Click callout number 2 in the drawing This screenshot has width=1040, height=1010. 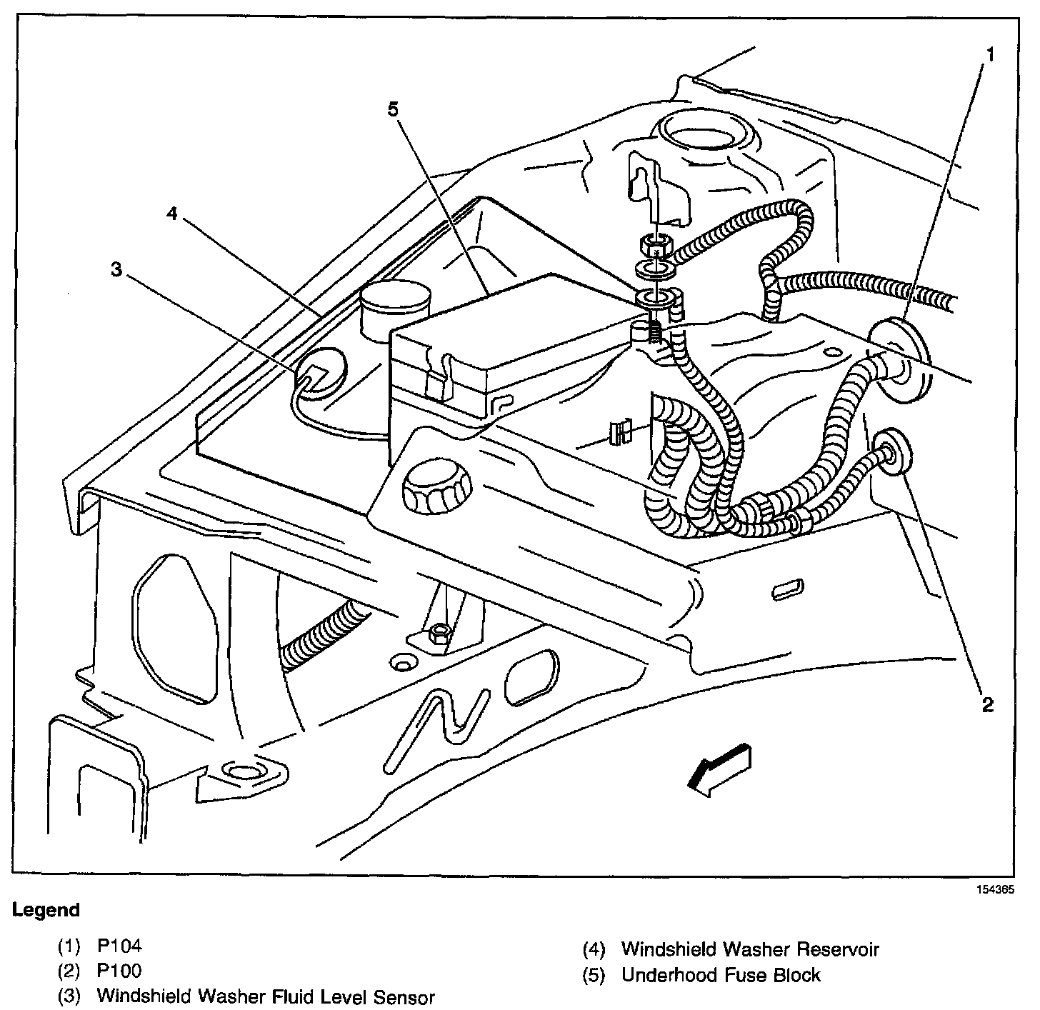pyautogui.click(x=987, y=704)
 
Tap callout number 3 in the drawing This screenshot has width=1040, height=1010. pyautogui.click(x=116, y=269)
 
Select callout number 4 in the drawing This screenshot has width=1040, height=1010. pyautogui.click(x=172, y=214)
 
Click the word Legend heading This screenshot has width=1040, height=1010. pyautogui.click(x=46, y=910)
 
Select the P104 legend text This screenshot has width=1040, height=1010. pyautogui.click(x=119, y=946)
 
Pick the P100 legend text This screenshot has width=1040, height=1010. pyautogui.click(x=119, y=971)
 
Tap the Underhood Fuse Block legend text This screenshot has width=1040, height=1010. pyautogui.click(x=721, y=974)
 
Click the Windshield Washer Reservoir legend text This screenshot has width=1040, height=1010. pyautogui.click(x=750, y=949)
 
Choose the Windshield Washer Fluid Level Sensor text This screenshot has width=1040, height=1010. pyautogui.click(x=266, y=996)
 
